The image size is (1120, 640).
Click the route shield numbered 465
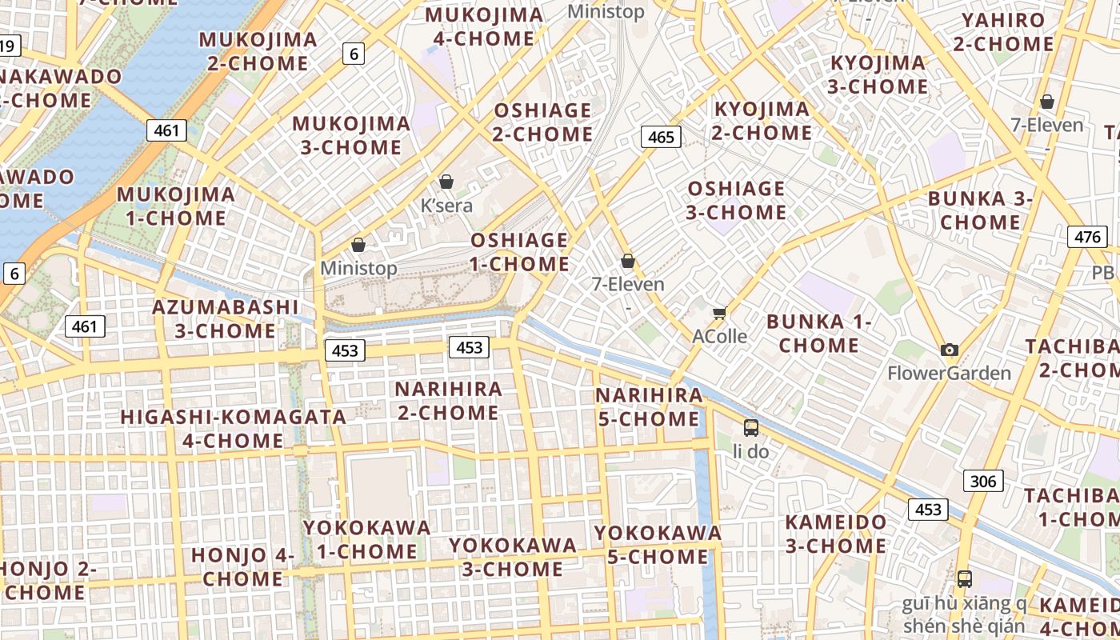tap(661, 137)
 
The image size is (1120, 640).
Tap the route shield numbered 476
tap(1087, 237)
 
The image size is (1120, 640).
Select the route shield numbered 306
tap(982, 481)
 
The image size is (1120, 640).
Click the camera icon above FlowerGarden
tap(950, 350)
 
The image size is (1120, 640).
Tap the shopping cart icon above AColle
tap(719, 313)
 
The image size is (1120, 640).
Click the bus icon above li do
tap(750, 428)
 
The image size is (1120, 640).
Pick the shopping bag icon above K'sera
tap(446, 182)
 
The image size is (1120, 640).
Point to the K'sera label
tap(446, 206)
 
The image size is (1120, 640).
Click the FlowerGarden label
tap(949, 373)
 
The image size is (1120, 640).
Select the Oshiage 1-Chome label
tap(520, 252)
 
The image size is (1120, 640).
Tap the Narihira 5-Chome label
tap(649, 407)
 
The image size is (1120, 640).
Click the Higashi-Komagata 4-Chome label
tap(233, 429)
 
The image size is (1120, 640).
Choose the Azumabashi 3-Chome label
tap(225, 318)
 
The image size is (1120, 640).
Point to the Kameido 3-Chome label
tap(835, 534)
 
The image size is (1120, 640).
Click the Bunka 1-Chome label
tap(818, 334)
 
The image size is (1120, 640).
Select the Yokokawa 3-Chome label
tap(512, 557)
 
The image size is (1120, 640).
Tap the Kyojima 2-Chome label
tap(762, 121)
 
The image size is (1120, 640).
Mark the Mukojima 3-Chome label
tap(351, 135)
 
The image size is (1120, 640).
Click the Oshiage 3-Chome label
tap(737, 200)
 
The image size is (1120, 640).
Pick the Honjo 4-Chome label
tap(242, 566)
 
